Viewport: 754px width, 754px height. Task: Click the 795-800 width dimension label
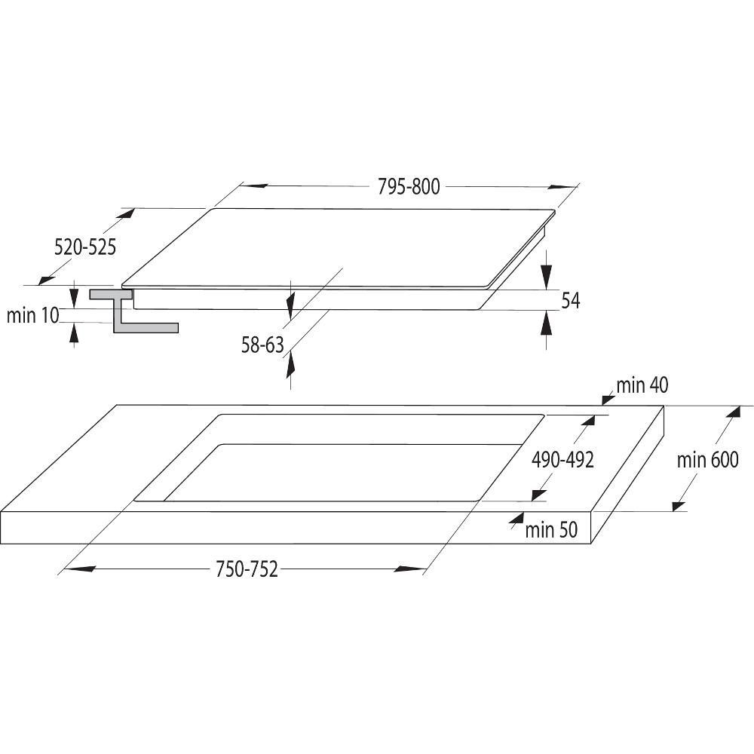(x=408, y=186)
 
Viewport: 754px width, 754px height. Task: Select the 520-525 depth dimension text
(x=85, y=247)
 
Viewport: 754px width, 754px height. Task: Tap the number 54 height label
(x=571, y=301)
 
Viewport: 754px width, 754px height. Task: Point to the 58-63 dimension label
(x=262, y=345)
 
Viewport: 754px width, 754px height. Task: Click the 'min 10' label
(x=32, y=315)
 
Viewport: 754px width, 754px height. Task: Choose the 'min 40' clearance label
(x=642, y=385)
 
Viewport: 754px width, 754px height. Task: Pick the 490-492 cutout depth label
(x=562, y=460)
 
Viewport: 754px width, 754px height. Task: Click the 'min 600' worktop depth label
(x=707, y=460)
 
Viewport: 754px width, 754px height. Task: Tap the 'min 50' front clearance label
(x=551, y=530)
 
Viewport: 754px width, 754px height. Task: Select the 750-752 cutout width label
(x=247, y=569)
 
